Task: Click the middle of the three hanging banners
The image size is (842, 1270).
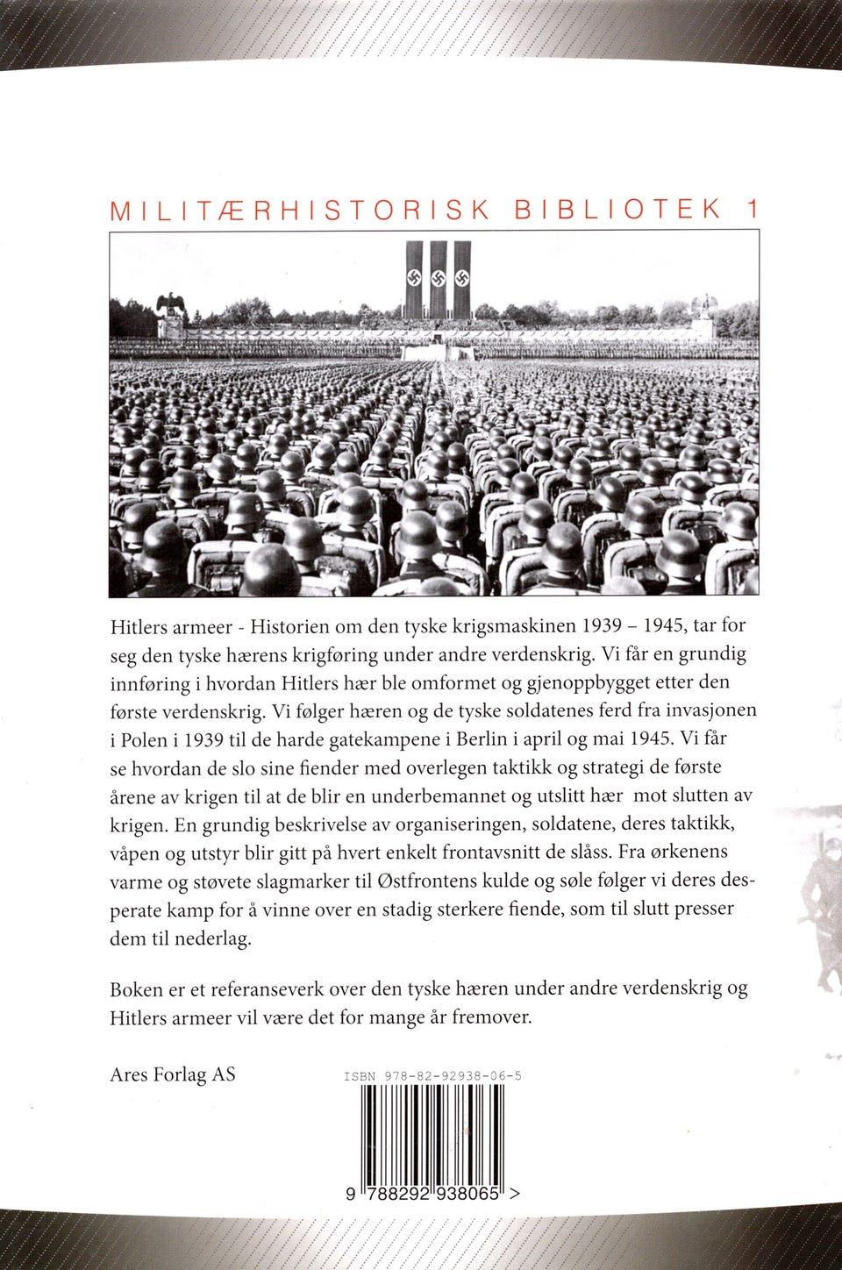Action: pos(438,280)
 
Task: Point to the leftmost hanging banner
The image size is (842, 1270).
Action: pos(413,280)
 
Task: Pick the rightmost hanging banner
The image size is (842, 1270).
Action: pos(462,280)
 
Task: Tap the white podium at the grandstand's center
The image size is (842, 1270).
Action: pos(435,351)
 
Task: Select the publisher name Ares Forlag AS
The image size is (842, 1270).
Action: pos(173,1074)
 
